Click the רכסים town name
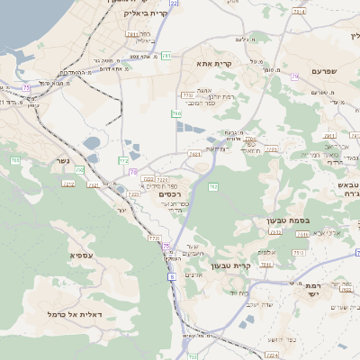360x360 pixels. point(169,193)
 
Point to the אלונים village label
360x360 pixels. point(265,253)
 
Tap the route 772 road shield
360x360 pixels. point(123,159)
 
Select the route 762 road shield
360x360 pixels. point(213,187)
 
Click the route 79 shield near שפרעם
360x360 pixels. point(295,76)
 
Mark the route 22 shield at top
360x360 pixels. point(173,4)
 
